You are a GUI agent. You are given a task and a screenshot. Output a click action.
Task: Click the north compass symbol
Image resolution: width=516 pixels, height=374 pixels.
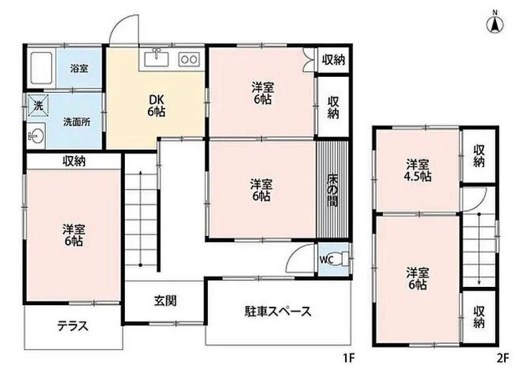[495, 23]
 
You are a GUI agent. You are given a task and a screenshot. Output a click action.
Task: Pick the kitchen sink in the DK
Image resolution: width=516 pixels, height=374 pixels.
[157, 59]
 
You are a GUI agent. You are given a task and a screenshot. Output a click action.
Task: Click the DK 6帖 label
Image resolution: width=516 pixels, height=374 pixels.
[156, 105]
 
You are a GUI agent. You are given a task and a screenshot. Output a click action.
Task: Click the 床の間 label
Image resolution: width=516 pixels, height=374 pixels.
[333, 190]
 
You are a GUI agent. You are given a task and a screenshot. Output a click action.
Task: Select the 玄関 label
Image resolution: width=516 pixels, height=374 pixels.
[165, 301]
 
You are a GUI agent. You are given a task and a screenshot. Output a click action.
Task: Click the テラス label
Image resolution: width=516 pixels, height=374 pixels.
[72, 326]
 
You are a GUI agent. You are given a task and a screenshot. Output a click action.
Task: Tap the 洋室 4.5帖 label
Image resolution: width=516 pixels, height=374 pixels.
[418, 170]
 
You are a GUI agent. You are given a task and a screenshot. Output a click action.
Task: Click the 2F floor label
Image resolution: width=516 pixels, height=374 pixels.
[502, 358]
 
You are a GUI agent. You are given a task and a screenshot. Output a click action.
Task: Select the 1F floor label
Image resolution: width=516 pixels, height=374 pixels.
[348, 358]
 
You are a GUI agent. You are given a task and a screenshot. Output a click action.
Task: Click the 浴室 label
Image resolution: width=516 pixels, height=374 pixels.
[79, 68]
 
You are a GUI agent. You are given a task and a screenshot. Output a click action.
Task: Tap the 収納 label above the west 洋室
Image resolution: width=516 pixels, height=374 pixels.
[74, 161]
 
